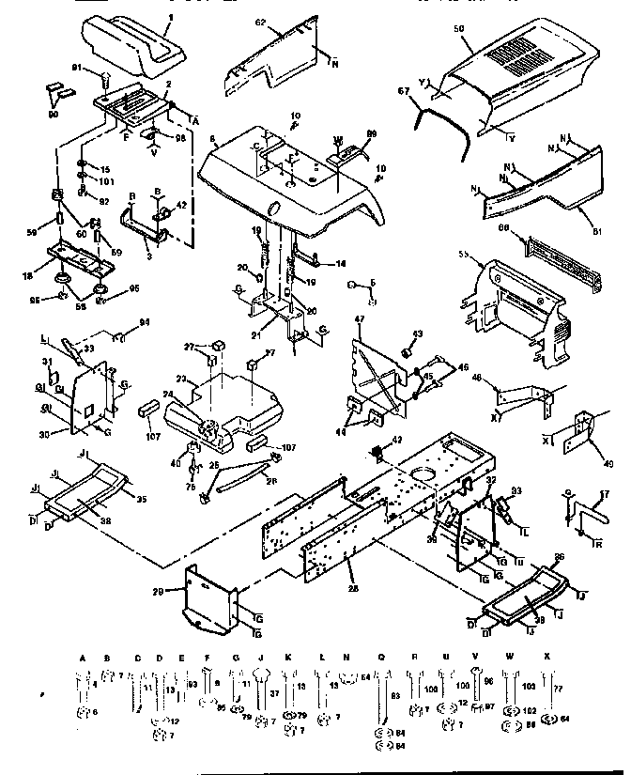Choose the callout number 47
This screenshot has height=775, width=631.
pyautogui.click(x=358, y=320)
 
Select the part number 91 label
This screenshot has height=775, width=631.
pyautogui.click(x=79, y=67)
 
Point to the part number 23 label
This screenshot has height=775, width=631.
pyautogui.click(x=184, y=380)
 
